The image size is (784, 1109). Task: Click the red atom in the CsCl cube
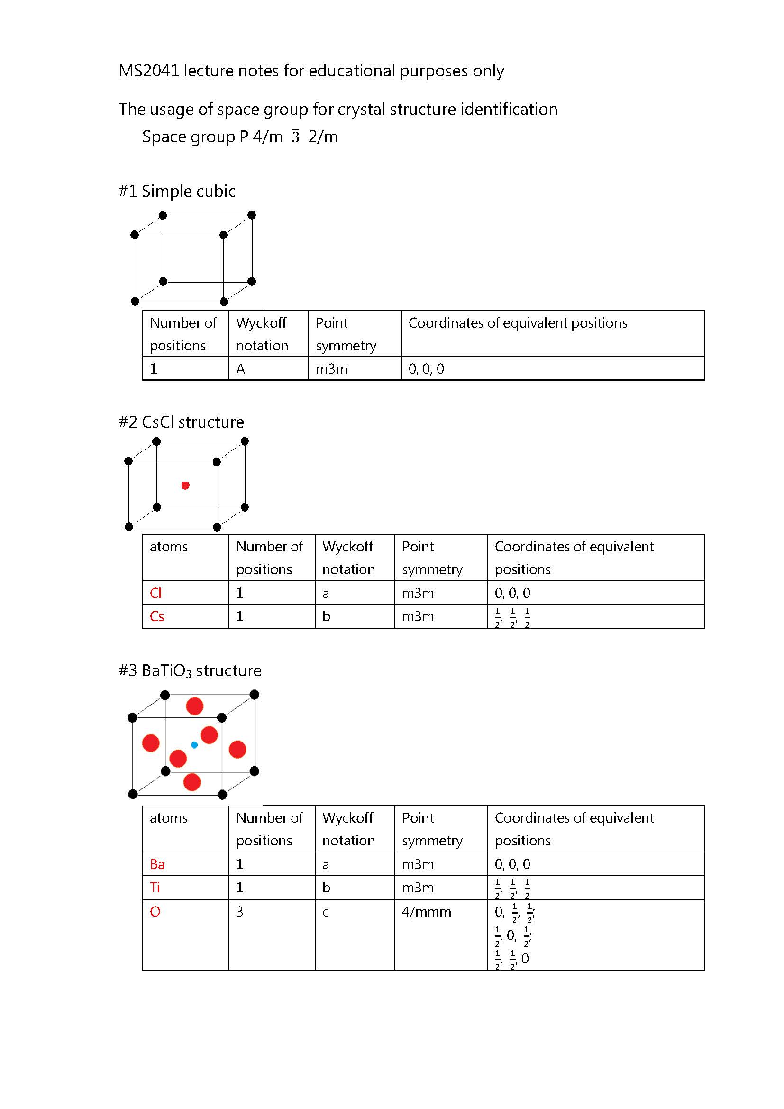[185, 486]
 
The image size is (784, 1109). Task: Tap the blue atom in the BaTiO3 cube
[194, 745]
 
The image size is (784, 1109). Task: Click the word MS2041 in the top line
[148, 71]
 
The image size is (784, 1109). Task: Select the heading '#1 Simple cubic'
[177, 191]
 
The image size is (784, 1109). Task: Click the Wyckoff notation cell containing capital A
[240, 369]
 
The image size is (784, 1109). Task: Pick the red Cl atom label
[155, 593]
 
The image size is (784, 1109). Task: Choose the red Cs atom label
[157, 616]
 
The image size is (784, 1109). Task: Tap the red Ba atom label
[157, 864]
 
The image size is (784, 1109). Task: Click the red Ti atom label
[155, 887]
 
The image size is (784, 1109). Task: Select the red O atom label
[155, 911]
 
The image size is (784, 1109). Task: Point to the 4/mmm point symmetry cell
[426, 912]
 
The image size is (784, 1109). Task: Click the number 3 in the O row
[240, 911]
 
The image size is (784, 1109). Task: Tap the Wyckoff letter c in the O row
[326, 912]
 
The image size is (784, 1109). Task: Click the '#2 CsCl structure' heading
[181, 422]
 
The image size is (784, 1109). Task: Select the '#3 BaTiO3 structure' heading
[190, 670]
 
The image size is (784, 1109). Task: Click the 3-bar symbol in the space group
[295, 137]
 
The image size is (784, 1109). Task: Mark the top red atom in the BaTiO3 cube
[194, 706]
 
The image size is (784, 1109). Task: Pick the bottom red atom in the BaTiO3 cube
[192, 782]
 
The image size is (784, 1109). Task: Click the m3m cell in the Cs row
[418, 616]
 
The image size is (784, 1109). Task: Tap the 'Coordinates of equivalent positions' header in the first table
[518, 323]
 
